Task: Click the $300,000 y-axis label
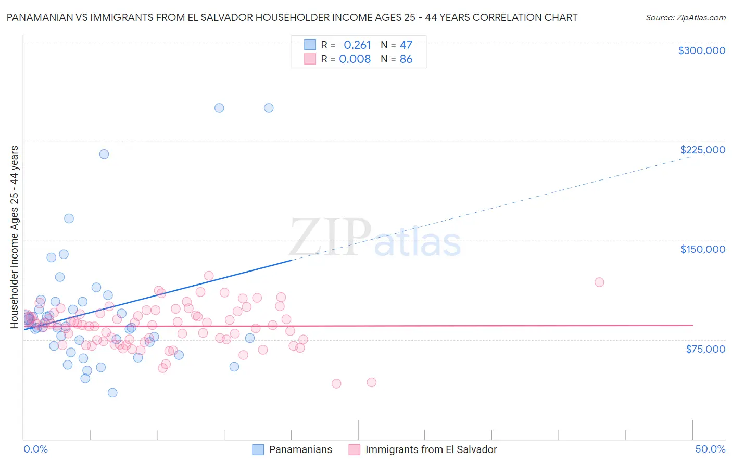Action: click(x=701, y=50)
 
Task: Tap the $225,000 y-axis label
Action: click(x=702, y=150)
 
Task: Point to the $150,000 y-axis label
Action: click(x=702, y=249)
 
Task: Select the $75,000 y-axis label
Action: click(x=705, y=349)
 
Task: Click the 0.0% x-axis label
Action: click(x=35, y=449)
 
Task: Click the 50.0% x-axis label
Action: click(x=710, y=449)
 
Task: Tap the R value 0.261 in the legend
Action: click(x=357, y=45)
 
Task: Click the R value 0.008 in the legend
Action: click(x=355, y=59)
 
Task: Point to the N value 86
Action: click(x=406, y=59)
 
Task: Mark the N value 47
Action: click(x=406, y=45)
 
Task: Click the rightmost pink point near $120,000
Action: click(x=599, y=282)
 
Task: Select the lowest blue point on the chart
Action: click(x=112, y=393)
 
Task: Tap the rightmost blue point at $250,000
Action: click(x=269, y=108)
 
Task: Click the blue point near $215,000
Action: click(x=104, y=154)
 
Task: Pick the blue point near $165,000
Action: click(x=69, y=218)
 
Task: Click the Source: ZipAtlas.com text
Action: click(x=685, y=18)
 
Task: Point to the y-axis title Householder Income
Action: click(x=15, y=237)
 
